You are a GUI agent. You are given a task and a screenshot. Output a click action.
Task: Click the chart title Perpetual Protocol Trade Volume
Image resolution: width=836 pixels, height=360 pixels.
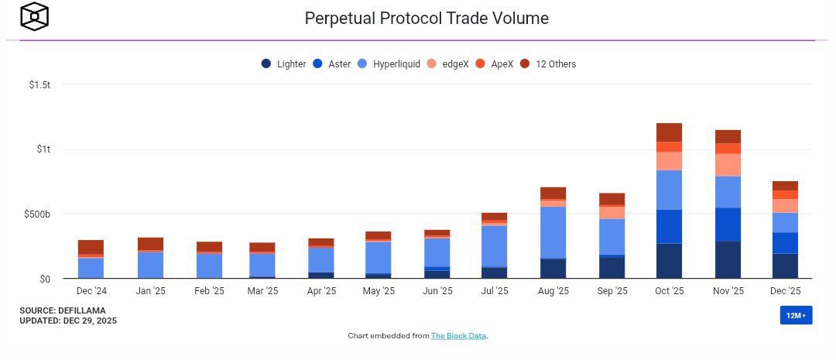[x=427, y=18]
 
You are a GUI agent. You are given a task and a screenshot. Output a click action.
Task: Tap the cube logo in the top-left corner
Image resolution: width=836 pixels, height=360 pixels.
[x=34, y=16]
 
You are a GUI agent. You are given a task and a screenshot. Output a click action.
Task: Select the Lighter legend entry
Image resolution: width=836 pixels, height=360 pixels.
[x=284, y=64]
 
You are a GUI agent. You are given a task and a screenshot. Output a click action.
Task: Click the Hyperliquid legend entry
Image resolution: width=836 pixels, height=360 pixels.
[x=389, y=64]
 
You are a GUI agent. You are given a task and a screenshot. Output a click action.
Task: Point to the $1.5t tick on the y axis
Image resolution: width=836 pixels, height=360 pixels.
[x=39, y=84]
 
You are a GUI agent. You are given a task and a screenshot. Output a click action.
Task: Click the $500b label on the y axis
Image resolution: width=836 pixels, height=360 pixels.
[x=37, y=214]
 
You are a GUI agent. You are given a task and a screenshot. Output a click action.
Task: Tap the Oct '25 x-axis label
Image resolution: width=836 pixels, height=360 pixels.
[x=669, y=291]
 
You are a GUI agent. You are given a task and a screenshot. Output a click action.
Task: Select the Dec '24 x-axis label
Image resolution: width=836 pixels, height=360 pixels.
[x=91, y=291]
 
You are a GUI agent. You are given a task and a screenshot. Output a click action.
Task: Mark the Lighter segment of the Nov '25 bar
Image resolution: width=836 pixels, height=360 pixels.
[x=728, y=259]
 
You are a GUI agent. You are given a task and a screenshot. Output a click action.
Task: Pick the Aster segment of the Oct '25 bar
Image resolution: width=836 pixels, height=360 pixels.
[x=669, y=226]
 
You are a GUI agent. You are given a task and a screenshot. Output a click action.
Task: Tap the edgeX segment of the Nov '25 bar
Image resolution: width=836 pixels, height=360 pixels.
[x=728, y=165]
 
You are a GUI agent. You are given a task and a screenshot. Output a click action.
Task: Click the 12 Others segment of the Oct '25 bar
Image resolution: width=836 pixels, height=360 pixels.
[x=669, y=132]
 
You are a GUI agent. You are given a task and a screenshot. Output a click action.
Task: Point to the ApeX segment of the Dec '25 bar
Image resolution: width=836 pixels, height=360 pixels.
[x=785, y=194]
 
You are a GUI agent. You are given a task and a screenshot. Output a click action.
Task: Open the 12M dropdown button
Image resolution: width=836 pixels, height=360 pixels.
[x=796, y=315]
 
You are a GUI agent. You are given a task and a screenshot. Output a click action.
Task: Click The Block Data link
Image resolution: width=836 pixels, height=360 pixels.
[x=459, y=336]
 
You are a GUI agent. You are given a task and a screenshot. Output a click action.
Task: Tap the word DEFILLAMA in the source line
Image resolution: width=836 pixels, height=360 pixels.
[x=82, y=310]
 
